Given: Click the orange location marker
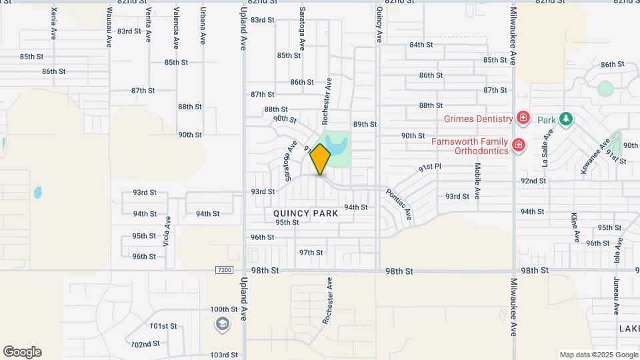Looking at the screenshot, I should click(x=321, y=159).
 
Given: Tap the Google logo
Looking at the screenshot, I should click(x=22, y=352).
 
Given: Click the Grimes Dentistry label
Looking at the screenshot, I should click(x=479, y=119).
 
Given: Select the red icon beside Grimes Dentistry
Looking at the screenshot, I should click(x=523, y=119).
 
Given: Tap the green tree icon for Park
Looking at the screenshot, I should click(x=566, y=119).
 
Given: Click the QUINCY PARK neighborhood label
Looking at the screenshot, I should click(x=305, y=213).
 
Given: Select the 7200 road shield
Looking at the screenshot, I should click(x=225, y=270).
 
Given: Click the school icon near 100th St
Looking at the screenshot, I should click(x=221, y=324).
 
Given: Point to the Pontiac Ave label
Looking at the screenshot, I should click(x=399, y=205).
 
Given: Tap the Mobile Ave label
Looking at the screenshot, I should click(x=477, y=181).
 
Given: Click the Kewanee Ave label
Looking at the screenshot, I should click(x=595, y=157).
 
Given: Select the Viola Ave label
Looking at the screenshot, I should click(x=167, y=232).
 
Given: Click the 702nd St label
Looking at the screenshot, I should click(x=145, y=344).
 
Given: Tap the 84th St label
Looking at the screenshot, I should click(x=421, y=45).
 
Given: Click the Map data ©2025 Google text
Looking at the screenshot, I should click(x=598, y=355).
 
